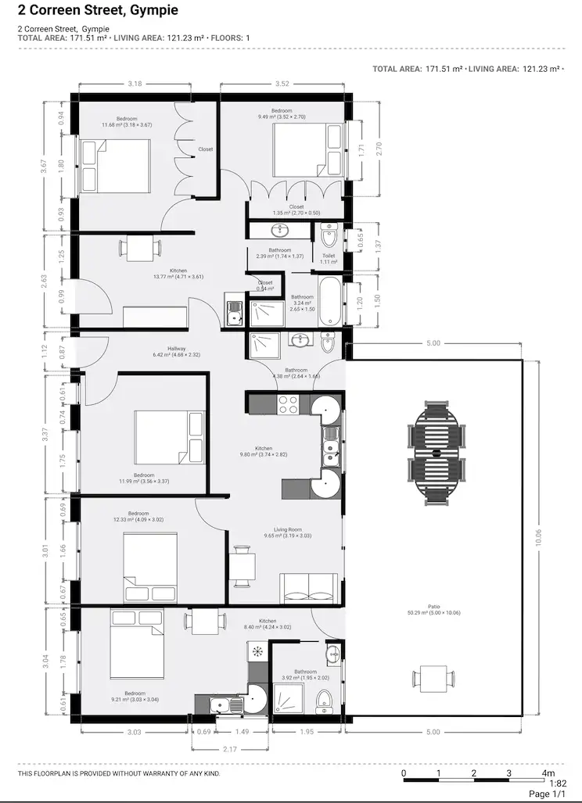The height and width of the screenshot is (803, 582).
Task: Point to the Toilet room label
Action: pyautogui.click(x=329, y=258)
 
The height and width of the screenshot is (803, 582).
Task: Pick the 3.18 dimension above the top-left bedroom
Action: pyautogui.click(x=135, y=84)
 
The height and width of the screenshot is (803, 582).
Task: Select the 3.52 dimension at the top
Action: pyautogui.click(x=282, y=84)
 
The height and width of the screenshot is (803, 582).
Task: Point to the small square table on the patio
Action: pyautogui.click(x=433, y=676)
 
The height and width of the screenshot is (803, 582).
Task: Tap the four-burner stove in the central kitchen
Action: pyautogui.click(x=287, y=405)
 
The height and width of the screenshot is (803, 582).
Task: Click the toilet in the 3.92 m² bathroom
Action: pyautogui.click(x=325, y=700)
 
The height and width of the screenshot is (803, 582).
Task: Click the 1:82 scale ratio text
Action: pyautogui.click(x=558, y=783)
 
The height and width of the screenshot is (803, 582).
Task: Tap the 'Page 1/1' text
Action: pyautogui.click(x=547, y=794)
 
